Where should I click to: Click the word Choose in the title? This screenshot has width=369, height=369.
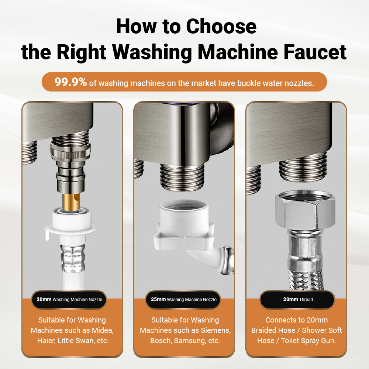[x=221, y=27]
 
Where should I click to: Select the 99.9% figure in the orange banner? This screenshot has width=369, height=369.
[x=70, y=82]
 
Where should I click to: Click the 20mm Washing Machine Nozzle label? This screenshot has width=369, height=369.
[x=69, y=300]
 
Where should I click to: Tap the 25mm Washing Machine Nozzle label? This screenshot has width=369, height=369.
[x=183, y=300]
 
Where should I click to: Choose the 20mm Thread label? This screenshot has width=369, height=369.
[x=298, y=300]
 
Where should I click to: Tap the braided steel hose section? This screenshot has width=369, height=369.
[x=305, y=280]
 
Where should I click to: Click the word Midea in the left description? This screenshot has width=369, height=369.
[x=102, y=330]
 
